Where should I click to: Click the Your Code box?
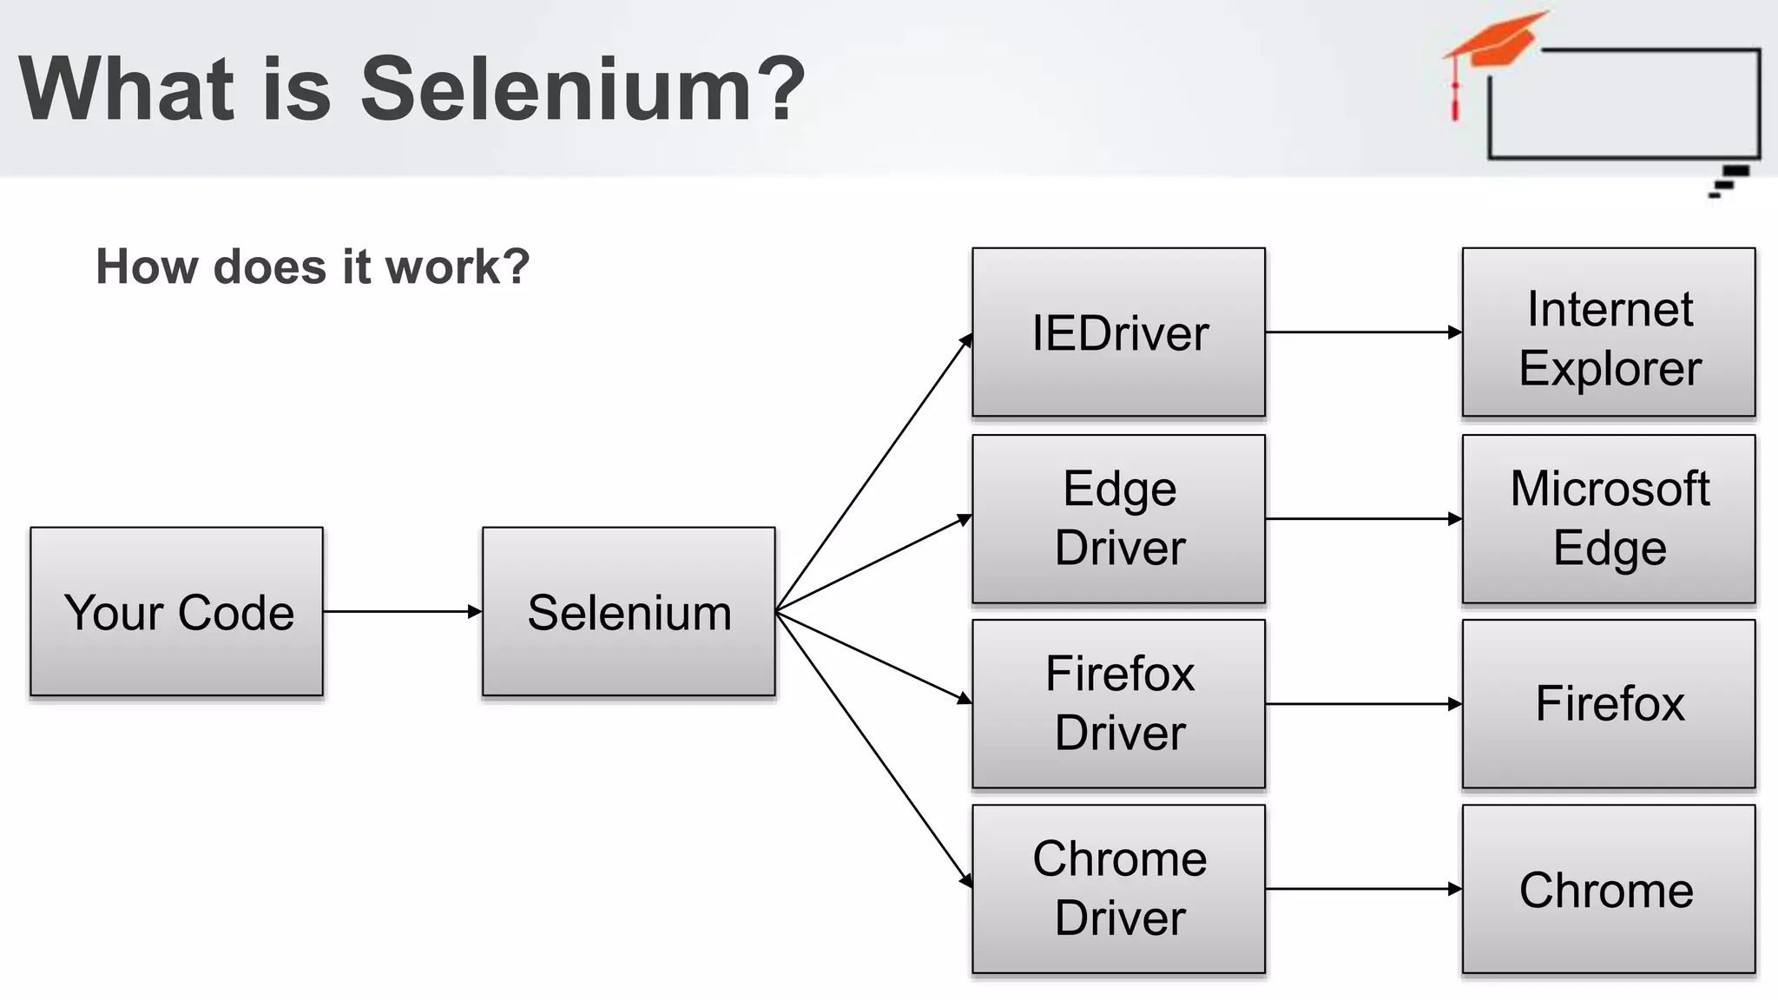[x=177, y=611]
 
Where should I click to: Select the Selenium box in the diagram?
[x=629, y=611]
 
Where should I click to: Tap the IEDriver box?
[x=1118, y=332]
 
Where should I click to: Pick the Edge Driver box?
[x=1118, y=518]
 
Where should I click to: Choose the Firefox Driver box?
[x=1118, y=703]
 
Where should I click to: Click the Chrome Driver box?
[x=1118, y=889]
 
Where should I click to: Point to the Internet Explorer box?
[x=1609, y=332]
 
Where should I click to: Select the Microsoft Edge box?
[x=1609, y=518]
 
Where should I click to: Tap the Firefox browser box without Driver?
[x=1609, y=703]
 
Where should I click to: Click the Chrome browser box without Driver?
[x=1609, y=889]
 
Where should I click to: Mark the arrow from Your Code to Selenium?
[x=402, y=612]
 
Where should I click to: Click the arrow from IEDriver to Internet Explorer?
[x=1363, y=332]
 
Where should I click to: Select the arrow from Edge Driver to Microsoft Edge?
[x=1363, y=519]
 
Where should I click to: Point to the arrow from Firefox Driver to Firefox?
[x=1363, y=704]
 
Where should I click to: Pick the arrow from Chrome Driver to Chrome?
[x=1363, y=889]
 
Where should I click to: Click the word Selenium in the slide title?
[x=583, y=89]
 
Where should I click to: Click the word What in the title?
[x=127, y=89]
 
